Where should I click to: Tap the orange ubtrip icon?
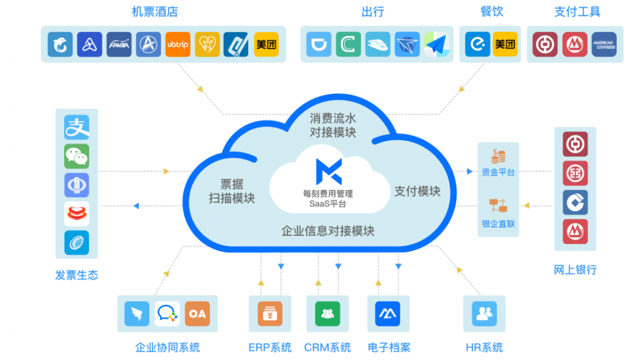pos(178,45)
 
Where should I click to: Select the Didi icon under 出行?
pos(319,44)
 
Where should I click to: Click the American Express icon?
pos(604,45)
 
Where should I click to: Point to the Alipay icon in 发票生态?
pos(76,127)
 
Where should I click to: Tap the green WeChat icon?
pos(76,156)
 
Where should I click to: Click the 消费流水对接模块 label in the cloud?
pos(333,126)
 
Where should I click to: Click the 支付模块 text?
pos(417,191)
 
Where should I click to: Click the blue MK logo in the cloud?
pos(328,170)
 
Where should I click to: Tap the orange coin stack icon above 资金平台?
pos(498,156)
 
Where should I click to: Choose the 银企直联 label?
pos(498,224)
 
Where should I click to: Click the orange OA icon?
pos(197,313)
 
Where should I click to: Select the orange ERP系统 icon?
pos(270,313)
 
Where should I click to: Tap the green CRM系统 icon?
pos(328,313)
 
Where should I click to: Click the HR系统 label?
pos(484,348)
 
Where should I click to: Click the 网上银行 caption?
pos(575,270)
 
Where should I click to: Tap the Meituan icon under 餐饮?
pos(505,44)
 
